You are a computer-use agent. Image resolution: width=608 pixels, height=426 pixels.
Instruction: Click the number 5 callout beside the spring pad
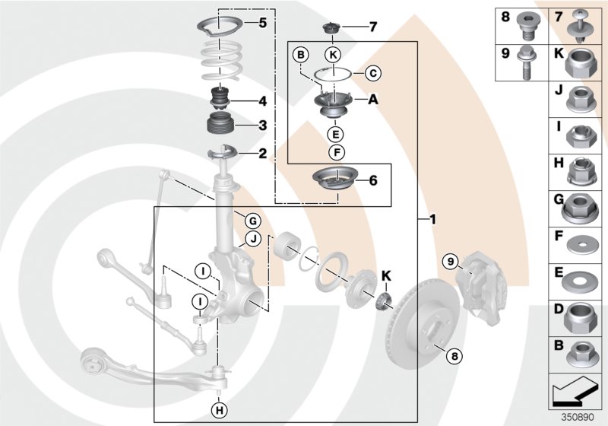point(262,23)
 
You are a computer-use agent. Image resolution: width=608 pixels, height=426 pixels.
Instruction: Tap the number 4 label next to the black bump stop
point(262,100)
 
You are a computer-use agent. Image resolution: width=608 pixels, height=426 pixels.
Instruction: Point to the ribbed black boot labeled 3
point(220,125)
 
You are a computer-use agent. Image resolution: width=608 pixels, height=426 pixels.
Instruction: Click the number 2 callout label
point(262,154)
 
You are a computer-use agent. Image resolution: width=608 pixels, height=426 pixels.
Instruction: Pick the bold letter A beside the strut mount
point(372,100)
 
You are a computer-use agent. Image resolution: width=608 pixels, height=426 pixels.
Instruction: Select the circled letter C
point(372,74)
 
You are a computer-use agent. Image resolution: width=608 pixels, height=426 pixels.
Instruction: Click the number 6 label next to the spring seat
point(372,181)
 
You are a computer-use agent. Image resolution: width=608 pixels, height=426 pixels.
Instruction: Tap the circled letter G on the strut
point(252,221)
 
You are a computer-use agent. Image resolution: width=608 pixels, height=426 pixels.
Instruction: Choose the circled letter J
point(252,240)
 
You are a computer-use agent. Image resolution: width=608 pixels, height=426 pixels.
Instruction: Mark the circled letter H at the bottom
point(219,411)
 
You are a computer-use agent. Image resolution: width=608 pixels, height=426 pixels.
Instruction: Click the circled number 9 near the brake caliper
point(450,262)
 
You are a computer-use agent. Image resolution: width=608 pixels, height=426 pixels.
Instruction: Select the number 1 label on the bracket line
point(432,221)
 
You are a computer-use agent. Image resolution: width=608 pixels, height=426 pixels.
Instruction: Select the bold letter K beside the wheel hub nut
point(386,275)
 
